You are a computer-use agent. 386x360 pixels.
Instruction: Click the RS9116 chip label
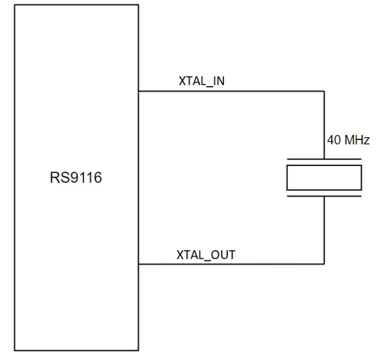(x=76, y=178)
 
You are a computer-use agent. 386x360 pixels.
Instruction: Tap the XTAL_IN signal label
(x=201, y=81)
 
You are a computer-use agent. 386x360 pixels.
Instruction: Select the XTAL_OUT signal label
(x=206, y=255)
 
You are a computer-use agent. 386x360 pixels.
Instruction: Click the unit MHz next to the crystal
(x=357, y=140)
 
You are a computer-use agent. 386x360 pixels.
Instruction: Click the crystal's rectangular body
(x=324, y=178)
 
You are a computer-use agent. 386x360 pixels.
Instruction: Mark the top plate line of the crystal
(x=324, y=159)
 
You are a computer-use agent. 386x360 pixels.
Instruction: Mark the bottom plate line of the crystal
(x=324, y=196)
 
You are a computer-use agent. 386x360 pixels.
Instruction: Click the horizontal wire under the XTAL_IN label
(x=231, y=91)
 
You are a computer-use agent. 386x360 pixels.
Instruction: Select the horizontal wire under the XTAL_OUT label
(x=231, y=264)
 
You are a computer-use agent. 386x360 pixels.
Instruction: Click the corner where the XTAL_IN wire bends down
(x=324, y=91)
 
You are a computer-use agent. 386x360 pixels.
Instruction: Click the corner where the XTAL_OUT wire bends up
(x=324, y=264)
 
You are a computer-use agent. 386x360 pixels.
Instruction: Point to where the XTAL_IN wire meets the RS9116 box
(x=138, y=91)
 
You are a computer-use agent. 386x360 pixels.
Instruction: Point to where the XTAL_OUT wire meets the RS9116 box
(x=138, y=264)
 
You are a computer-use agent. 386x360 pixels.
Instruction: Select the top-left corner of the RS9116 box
(x=15, y=5)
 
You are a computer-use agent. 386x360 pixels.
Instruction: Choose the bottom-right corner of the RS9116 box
(x=138, y=351)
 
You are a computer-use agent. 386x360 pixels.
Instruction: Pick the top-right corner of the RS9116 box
(x=138, y=5)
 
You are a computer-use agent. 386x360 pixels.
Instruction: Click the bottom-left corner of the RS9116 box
(x=15, y=351)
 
